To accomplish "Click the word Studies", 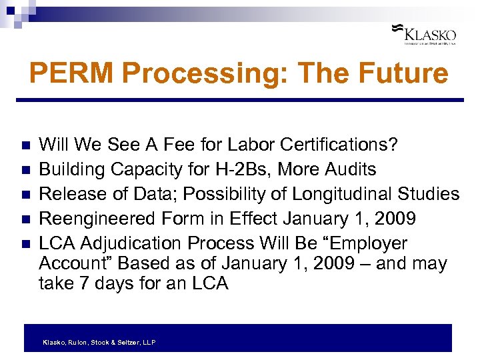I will pos(429,194).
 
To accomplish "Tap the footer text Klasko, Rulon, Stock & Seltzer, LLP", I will pos(99,342).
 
